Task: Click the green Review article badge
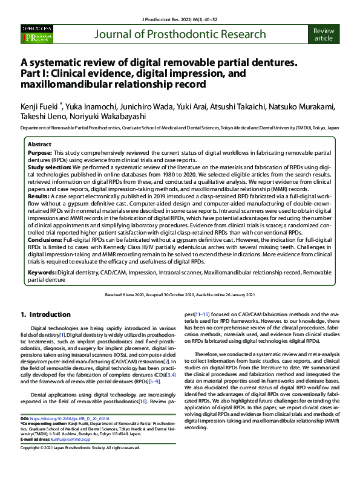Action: tap(324, 34)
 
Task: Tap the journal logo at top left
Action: tap(36, 34)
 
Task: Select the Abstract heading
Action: tap(40, 145)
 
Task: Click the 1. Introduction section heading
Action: tap(46, 314)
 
